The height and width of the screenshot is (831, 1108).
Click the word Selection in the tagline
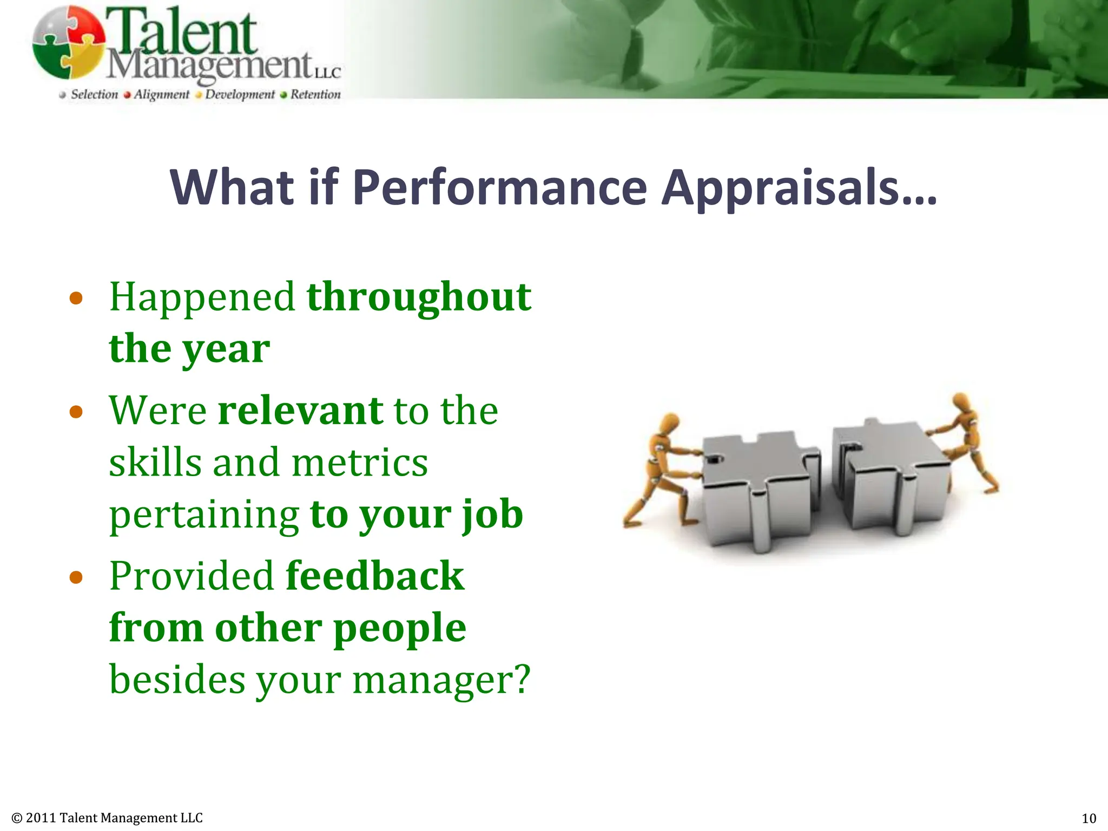pos(94,95)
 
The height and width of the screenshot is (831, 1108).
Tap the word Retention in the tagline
pos(315,95)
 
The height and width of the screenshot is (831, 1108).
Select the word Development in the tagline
pos(240,95)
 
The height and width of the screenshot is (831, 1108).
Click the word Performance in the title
pos(499,188)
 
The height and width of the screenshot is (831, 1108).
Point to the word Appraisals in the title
pos(799,188)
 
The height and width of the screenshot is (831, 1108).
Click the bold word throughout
pos(419,297)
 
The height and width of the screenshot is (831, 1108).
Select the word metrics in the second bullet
pos(360,463)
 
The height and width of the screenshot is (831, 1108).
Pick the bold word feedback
pos(374,576)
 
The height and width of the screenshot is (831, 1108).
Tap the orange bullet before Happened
pos(76,298)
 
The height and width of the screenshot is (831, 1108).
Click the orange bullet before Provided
pos(76,577)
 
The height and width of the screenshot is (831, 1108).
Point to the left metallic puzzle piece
pos(757,487)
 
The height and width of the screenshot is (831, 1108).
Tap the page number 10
pos(1089,818)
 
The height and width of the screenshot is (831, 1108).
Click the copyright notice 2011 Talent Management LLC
pos(107,817)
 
